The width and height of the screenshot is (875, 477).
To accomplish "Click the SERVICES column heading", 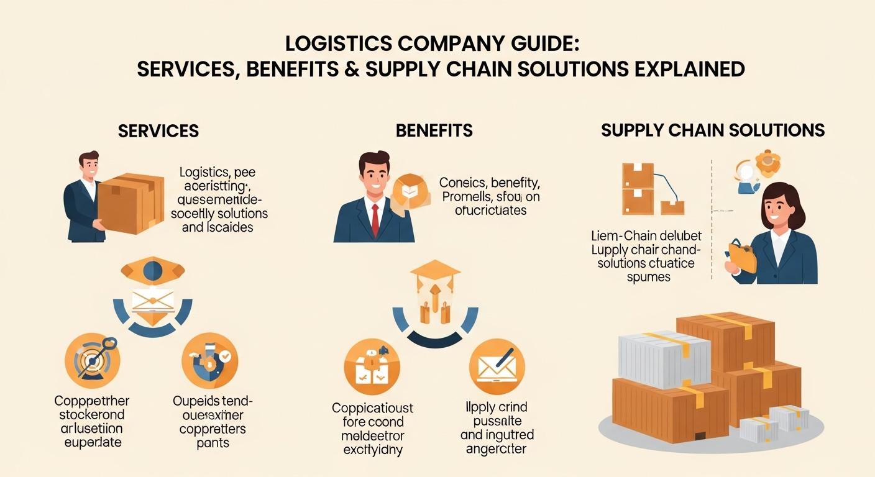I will (x=158, y=130).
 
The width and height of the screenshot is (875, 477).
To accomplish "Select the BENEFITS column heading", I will (x=434, y=130).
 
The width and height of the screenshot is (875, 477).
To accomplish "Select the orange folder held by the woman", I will (x=743, y=257).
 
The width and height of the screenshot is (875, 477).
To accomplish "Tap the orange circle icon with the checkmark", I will (x=209, y=361).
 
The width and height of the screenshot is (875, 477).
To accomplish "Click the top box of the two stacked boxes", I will (x=638, y=175).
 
